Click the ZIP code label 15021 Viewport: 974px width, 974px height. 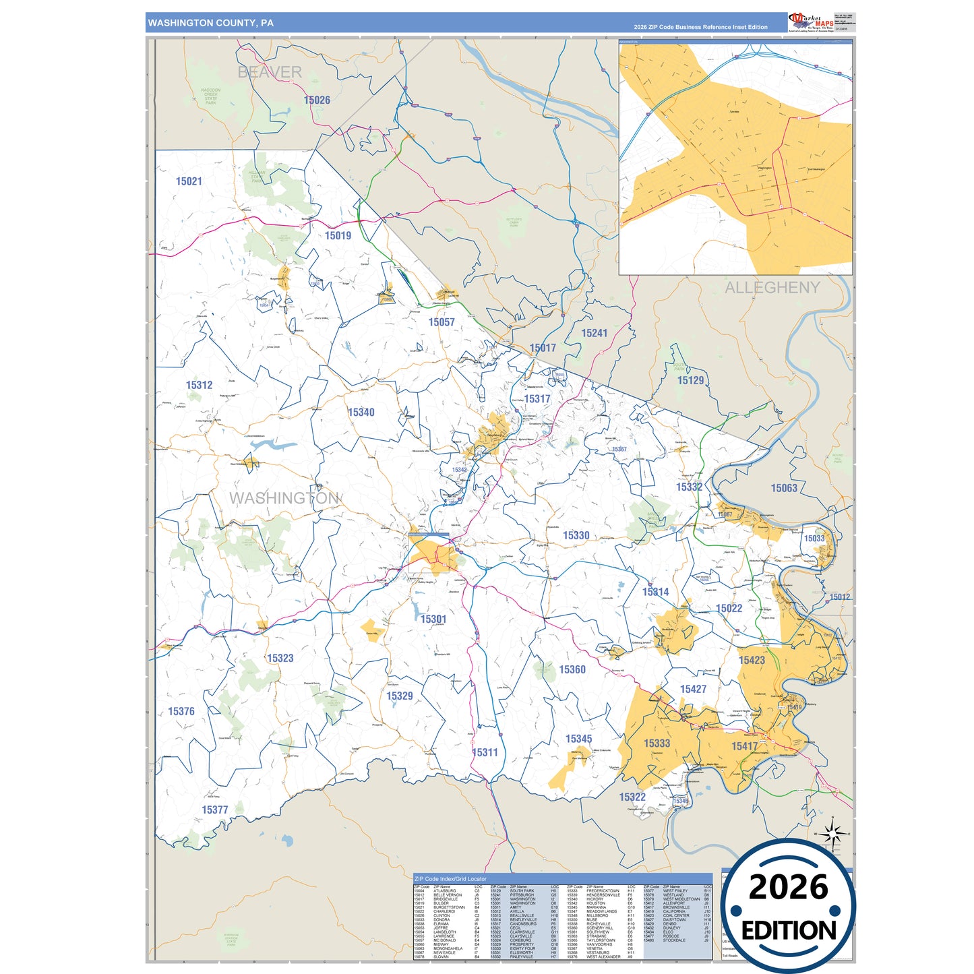click(189, 181)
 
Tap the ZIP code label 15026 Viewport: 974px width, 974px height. click(317, 100)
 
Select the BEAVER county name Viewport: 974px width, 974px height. click(270, 72)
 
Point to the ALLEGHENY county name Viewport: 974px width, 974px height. click(772, 288)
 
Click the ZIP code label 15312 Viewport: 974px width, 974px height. click(200, 386)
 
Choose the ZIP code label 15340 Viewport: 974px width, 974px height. click(361, 413)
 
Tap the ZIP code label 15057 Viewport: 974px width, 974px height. click(442, 322)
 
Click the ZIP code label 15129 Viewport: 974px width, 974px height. click(690, 381)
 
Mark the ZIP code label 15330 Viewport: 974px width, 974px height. click(576, 536)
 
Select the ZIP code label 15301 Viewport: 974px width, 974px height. click(433, 619)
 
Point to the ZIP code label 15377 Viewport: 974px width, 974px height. click(215, 810)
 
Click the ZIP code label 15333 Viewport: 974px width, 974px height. click(657, 743)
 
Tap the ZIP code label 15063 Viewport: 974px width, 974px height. click(784, 488)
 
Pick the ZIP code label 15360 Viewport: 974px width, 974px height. click(572, 670)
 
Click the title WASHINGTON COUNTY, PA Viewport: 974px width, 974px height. click(211, 23)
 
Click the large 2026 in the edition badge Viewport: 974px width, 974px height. click(788, 888)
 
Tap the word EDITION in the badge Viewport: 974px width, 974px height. click(789, 931)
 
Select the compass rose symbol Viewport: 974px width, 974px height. click(833, 834)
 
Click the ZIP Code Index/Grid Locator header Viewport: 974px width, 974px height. click(450, 879)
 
